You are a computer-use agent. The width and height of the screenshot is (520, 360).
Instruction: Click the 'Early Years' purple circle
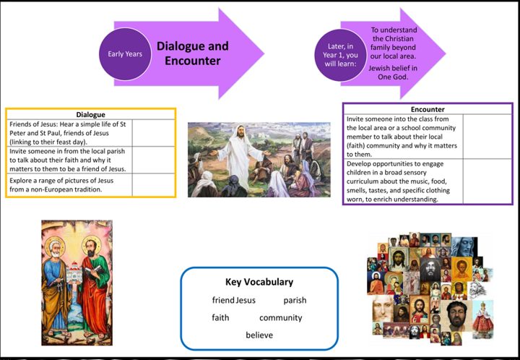pyautogui.click(x=125, y=53)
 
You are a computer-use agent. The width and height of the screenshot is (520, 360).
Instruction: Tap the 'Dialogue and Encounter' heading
pyautogui.click(x=192, y=53)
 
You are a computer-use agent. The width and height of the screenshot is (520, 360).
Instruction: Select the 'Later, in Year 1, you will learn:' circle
pyautogui.click(x=342, y=55)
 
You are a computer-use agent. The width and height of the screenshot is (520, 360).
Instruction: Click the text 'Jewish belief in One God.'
pyautogui.click(x=394, y=72)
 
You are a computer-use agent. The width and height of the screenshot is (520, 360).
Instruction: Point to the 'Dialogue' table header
pyautogui.click(x=90, y=114)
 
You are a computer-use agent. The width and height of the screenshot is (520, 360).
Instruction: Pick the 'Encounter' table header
pyautogui.click(x=428, y=109)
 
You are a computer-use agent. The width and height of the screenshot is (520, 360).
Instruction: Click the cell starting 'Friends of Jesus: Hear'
pyautogui.click(x=69, y=133)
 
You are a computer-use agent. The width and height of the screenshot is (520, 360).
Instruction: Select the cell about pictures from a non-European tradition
pyautogui.click(x=69, y=185)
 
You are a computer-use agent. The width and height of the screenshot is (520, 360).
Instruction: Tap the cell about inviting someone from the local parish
pyautogui.click(x=69, y=160)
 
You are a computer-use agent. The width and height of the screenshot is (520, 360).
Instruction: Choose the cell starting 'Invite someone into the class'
pyautogui.click(x=402, y=136)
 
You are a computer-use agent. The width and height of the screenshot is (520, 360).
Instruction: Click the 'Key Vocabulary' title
pyautogui.click(x=259, y=282)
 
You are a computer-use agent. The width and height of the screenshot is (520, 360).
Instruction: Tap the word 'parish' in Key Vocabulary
pyautogui.click(x=295, y=300)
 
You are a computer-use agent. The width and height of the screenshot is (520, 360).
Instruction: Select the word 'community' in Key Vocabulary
pyautogui.click(x=280, y=317)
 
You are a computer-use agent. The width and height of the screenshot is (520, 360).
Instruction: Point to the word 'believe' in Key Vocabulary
pyautogui.click(x=259, y=335)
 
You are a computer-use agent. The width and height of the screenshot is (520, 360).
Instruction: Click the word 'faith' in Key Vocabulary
pyautogui.click(x=220, y=317)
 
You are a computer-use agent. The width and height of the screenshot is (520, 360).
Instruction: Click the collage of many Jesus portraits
pyautogui.click(x=430, y=286)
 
